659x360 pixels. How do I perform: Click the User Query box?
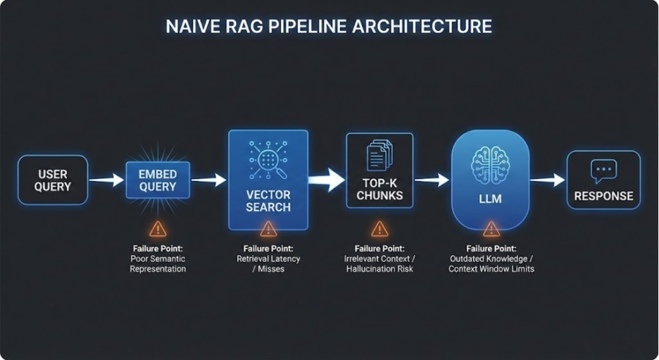(53, 180)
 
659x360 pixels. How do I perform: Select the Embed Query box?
(158, 180)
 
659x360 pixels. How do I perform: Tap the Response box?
(603, 181)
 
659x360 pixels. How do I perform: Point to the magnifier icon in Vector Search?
(268, 160)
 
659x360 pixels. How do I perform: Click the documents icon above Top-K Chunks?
(379, 154)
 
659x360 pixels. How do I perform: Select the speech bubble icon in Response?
(603, 170)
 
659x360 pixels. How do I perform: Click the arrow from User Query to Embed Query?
(106, 181)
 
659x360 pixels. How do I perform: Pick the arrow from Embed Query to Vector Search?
(208, 181)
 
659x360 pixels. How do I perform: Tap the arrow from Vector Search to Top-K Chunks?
(327, 180)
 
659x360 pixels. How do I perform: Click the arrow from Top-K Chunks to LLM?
(431, 180)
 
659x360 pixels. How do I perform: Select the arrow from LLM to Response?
(547, 180)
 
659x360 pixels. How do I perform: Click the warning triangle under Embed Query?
(158, 228)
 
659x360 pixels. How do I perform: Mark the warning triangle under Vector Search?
(268, 228)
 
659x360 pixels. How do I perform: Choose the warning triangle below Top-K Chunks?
(379, 228)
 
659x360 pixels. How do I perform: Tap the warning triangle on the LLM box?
(491, 228)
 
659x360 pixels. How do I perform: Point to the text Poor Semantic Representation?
(158, 263)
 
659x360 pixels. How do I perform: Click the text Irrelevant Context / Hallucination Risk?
(379, 263)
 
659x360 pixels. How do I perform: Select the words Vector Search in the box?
(268, 201)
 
